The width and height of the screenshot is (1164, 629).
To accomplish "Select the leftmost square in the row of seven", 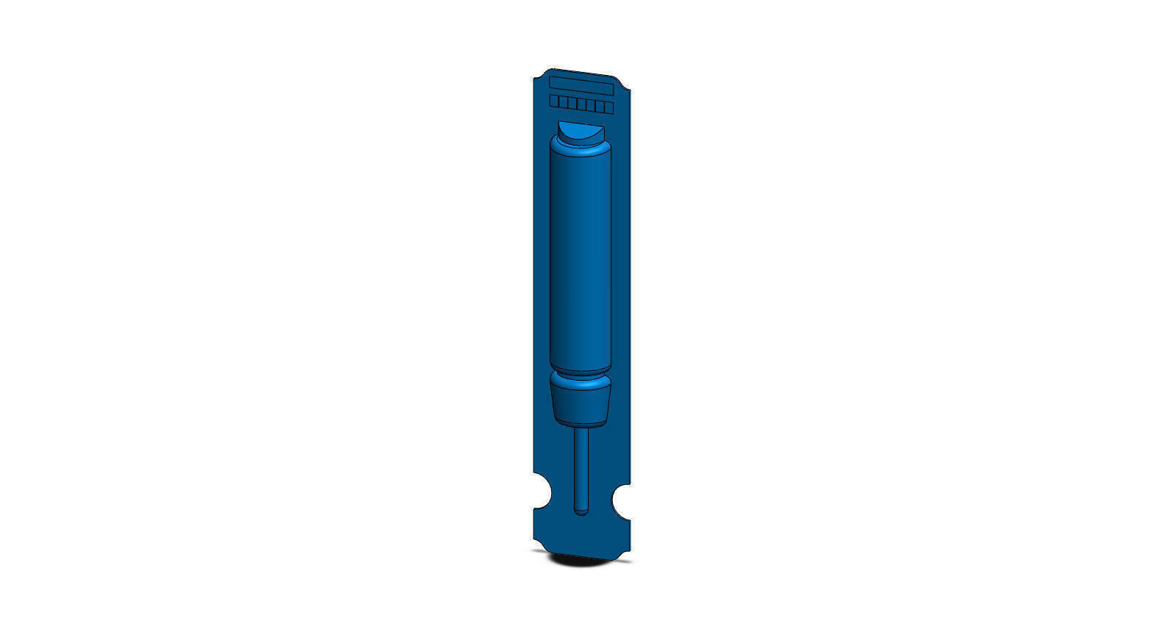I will click(x=554, y=101).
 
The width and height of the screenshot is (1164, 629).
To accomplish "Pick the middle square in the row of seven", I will click(x=581, y=104).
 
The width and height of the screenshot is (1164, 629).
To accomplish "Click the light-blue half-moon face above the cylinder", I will click(x=580, y=133).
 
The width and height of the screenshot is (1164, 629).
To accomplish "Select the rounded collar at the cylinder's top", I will click(x=581, y=150).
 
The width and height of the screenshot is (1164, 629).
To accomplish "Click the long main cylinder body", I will click(x=581, y=257).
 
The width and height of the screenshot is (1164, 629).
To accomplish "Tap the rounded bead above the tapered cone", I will click(x=581, y=383).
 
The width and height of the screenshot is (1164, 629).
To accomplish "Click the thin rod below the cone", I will click(x=581, y=463).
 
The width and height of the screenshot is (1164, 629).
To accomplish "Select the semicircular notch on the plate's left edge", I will click(x=542, y=491).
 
